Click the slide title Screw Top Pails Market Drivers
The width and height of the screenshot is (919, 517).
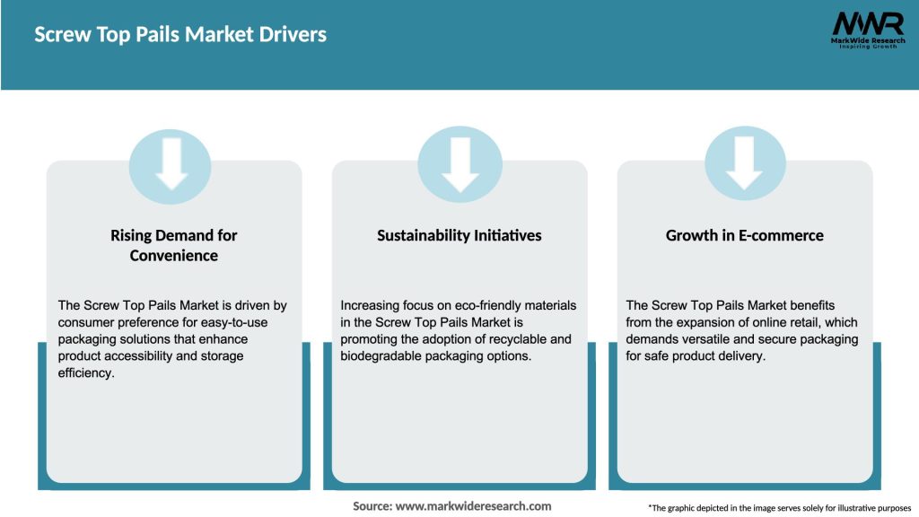(x=180, y=35)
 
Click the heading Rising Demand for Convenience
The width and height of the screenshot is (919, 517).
(x=174, y=245)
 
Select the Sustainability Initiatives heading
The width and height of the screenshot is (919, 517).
(x=459, y=235)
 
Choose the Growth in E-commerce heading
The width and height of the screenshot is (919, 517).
(x=744, y=235)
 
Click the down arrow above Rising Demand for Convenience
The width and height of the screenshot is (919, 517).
(x=171, y=162)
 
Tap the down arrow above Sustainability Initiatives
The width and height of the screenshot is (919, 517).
(x=459, y=162)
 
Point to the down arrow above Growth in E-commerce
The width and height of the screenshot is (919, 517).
(x=745, y=162)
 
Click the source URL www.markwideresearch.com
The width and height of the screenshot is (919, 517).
(x=474, y=505)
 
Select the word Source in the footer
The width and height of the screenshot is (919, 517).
(x=372, y=505)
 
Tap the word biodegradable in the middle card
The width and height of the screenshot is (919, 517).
(x=384, y=355)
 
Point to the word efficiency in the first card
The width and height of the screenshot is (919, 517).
(x=86, y=372)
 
